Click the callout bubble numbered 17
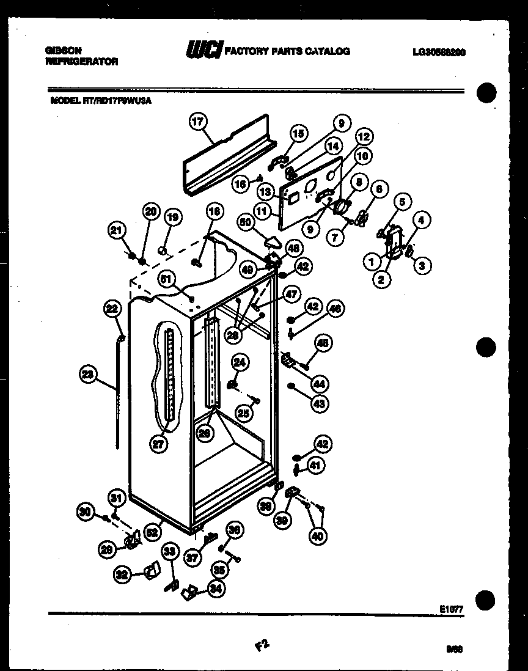[x=197, y=122]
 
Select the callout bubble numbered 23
[x=89, y=375]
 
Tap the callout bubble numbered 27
[x=158, y=445]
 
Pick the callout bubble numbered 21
[x=117, y=230]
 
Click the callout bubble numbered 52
[x=153, y=532]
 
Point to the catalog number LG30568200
[x=439, y=52]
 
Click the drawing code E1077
[x=451, y=609]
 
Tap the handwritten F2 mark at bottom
[x=262, y=645]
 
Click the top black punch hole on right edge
[x=486, y=94]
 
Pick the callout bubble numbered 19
[x=173, y=216]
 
